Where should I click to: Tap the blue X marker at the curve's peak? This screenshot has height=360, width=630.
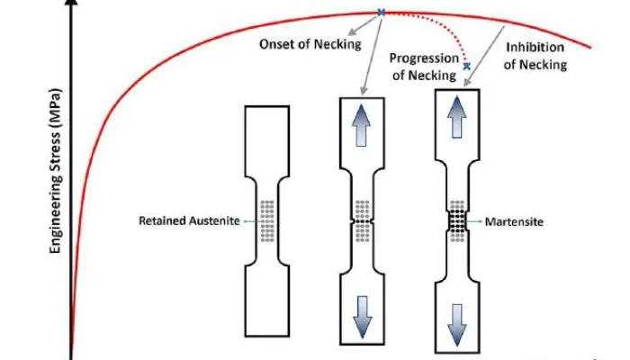tap(381, 13)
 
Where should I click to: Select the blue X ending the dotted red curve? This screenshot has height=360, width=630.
tap(466, 66)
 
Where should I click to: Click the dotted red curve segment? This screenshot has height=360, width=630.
tap(441, 27)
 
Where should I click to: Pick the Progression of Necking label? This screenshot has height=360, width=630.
tap(422, 66)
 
